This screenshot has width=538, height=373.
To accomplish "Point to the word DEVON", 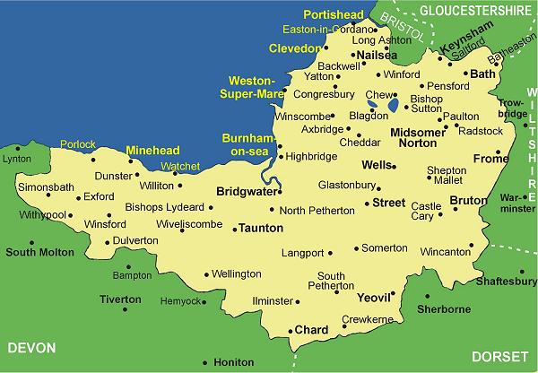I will (30, 348).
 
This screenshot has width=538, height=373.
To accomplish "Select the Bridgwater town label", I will (245, 191).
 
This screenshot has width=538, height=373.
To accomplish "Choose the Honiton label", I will (234, 362).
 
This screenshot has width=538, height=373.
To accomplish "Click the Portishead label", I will (334, 15).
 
